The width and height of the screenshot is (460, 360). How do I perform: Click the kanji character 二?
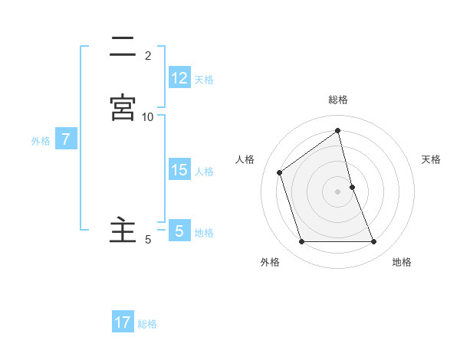123,47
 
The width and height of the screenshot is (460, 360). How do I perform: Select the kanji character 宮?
123,108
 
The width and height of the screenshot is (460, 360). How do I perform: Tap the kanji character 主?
123,230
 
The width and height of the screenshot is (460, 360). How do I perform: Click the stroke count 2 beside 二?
148,56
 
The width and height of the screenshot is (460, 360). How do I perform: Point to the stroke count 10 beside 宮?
148,116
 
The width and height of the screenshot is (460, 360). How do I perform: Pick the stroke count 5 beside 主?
148,240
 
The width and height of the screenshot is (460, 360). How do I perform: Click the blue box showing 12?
179,77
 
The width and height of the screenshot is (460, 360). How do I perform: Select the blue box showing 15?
179,169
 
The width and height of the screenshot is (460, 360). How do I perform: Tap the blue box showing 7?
67,139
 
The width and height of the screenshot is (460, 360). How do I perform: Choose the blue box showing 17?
123,322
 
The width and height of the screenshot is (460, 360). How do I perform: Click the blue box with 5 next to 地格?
179,231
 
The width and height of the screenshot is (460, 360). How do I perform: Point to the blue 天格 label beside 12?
204,79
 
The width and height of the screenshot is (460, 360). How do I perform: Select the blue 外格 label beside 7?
41,141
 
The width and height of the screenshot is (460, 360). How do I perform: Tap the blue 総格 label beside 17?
147,324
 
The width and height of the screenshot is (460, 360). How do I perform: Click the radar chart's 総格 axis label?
338,100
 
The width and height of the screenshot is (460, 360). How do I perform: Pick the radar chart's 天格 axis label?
432,159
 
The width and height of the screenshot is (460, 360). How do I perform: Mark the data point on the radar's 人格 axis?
280,172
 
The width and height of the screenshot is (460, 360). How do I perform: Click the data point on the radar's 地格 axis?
374,242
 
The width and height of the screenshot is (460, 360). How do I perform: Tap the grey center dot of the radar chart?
338,191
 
